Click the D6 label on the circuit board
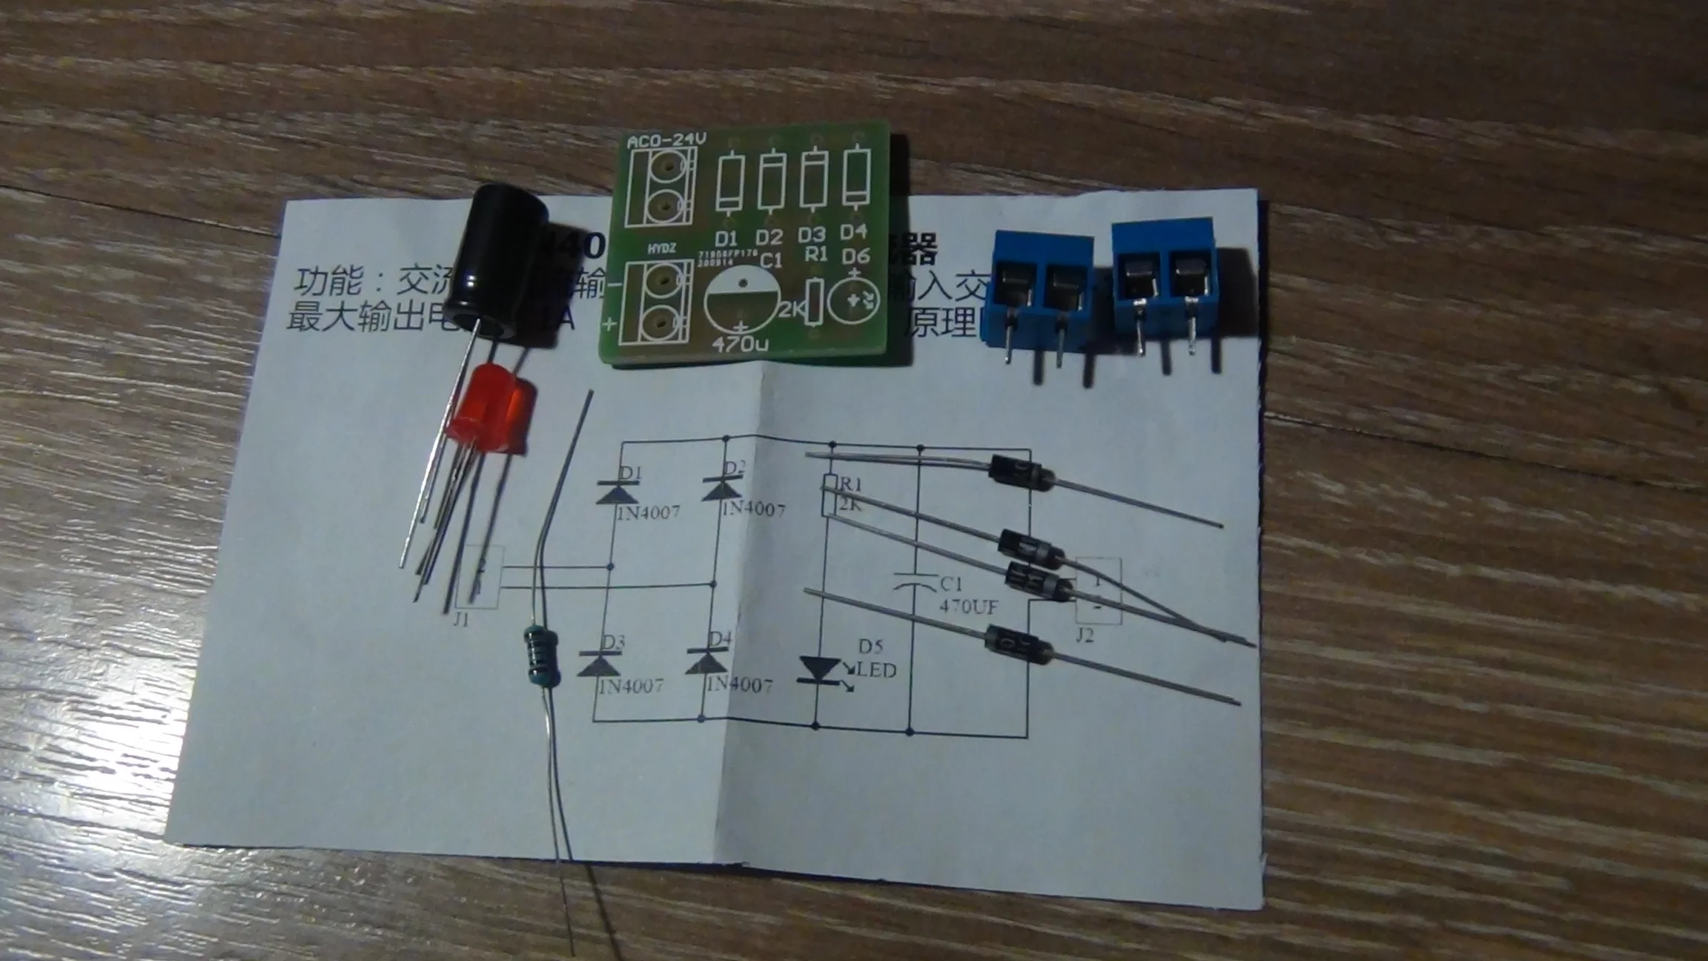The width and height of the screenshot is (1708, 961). [855, 256]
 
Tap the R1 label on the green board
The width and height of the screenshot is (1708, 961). [816, 254]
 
